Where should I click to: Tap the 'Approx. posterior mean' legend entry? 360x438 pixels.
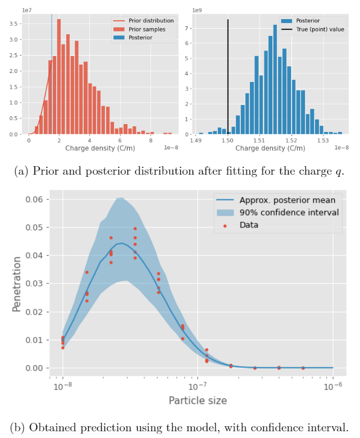(288, 200)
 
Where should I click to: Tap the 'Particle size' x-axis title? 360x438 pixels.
(198, 400)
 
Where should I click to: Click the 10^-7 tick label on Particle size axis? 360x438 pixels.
(197, 387)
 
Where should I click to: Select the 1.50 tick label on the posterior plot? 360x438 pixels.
(227, 140)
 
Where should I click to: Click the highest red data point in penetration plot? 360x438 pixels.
(135, 229)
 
